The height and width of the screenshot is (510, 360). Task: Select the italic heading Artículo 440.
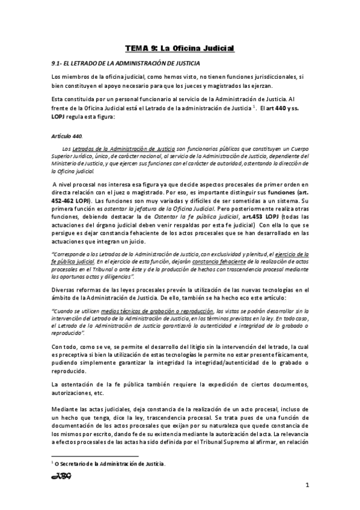(66, 136)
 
